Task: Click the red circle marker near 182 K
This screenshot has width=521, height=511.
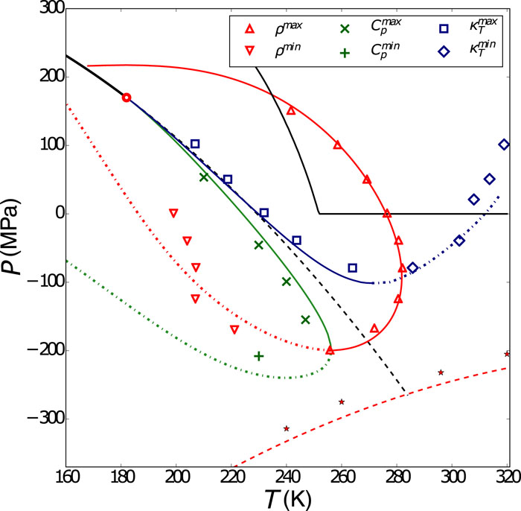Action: click(127, 98)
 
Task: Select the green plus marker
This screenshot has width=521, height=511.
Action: click(259, 356)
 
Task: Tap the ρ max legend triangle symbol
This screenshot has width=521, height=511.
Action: click(251, 29)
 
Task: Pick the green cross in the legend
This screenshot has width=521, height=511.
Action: click(345, 29)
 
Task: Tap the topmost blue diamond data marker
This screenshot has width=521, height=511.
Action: click(504, 145)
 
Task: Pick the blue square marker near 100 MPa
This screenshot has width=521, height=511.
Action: click(195, 145)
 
